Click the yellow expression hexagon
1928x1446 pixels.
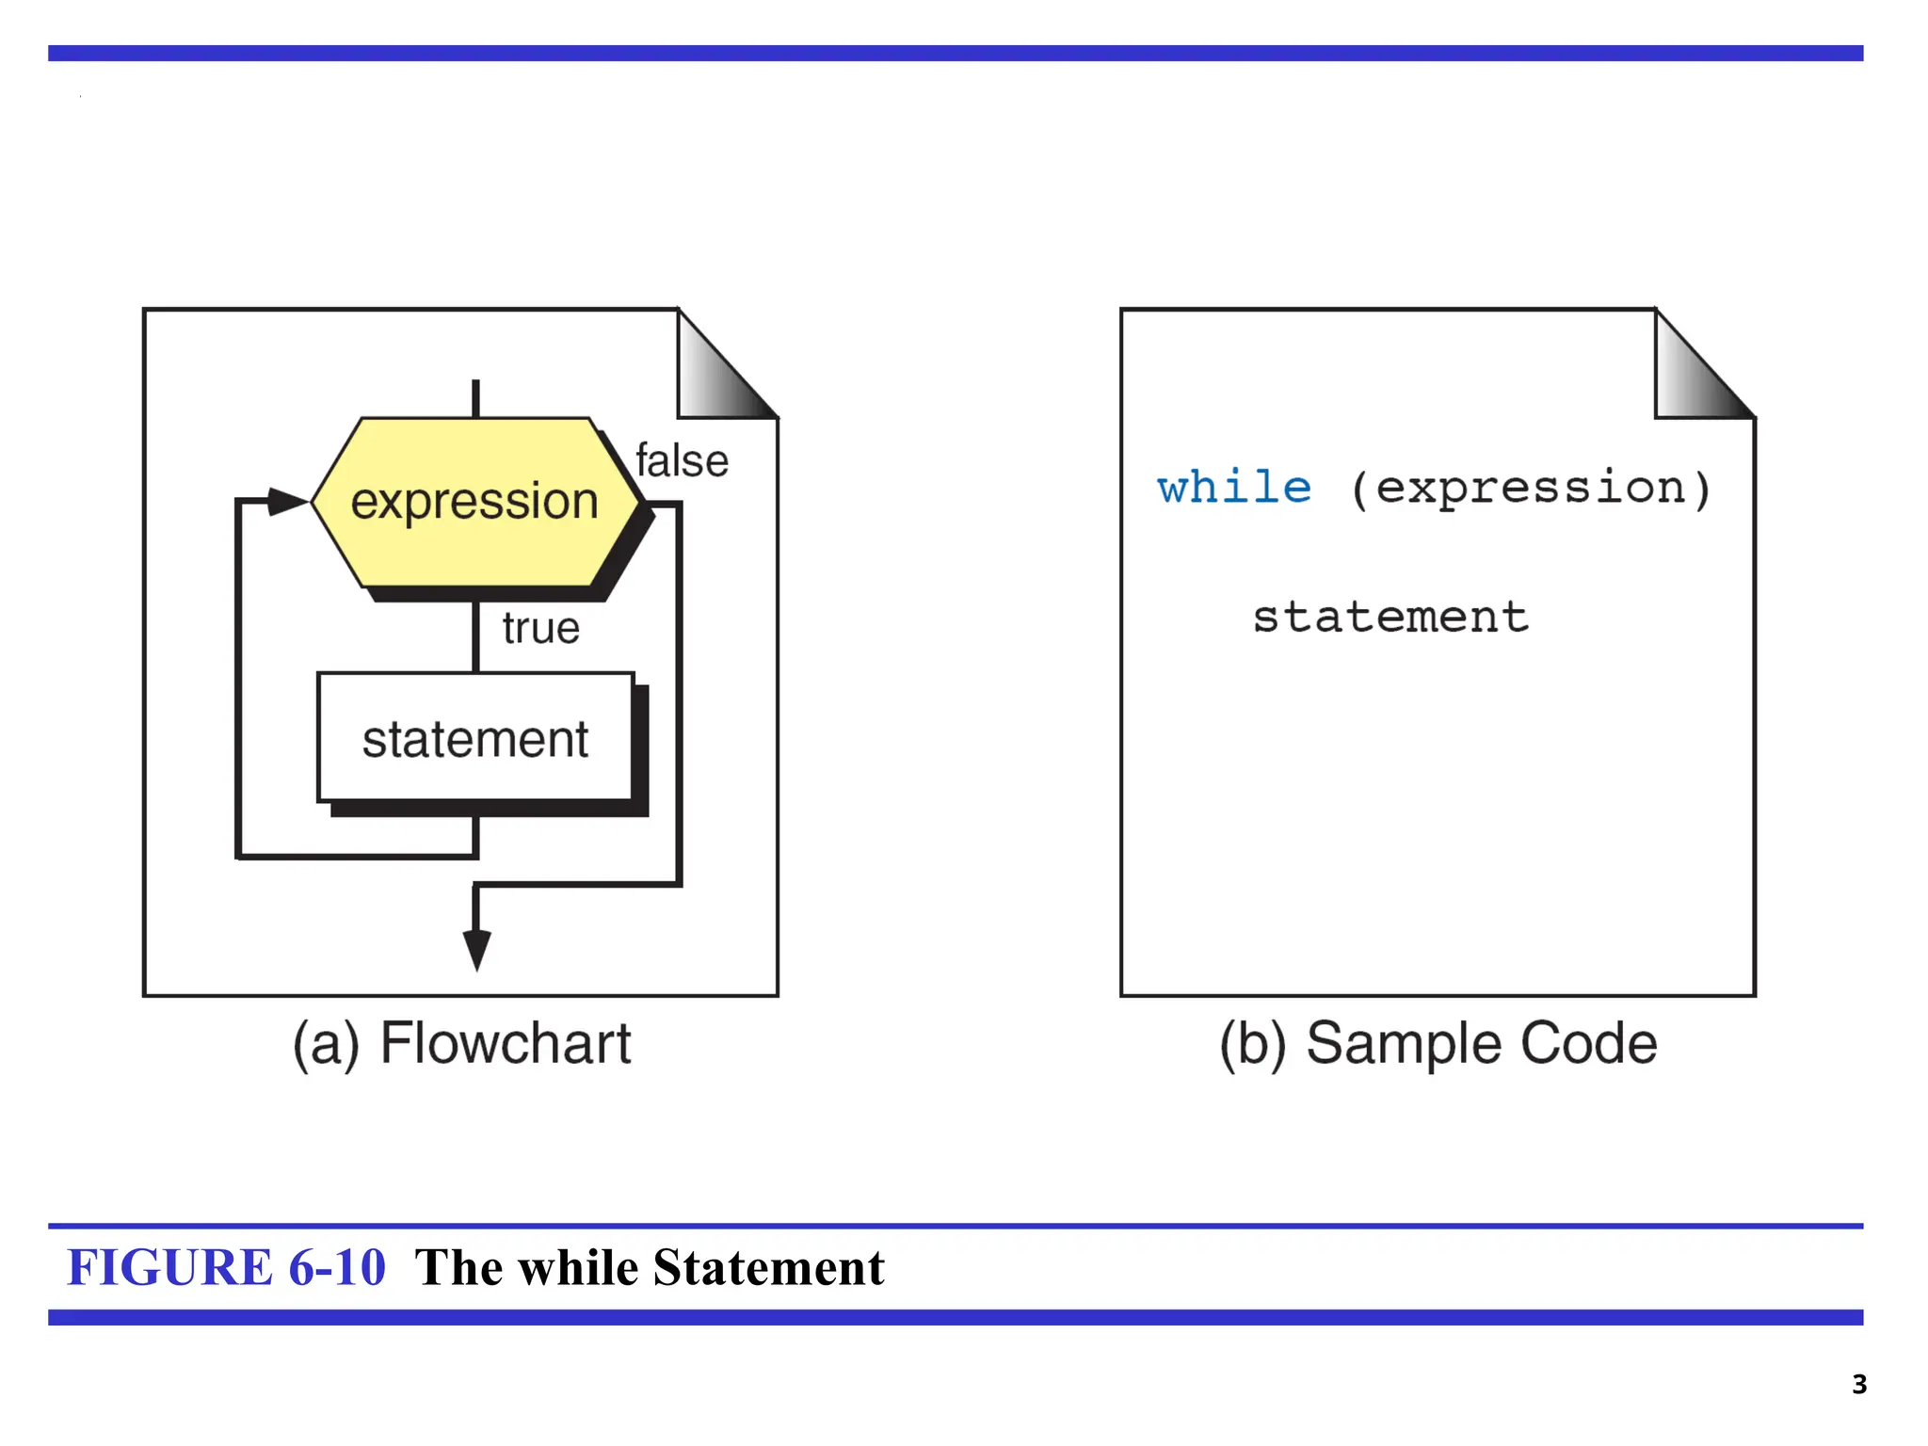(475, 501)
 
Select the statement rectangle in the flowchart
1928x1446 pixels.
(475, 737)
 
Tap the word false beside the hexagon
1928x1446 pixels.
(682, 461)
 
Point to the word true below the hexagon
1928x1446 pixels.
(540, 628)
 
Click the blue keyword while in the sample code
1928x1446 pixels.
(1234, 488)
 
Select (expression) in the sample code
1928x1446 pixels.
(1530, 488)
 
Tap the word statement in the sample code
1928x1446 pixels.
(1390, 618)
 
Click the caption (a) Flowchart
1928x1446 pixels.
(461, 1043)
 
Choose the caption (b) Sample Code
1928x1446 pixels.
(1438, 1043)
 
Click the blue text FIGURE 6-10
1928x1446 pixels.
(226, 1267)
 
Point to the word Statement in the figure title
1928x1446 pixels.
(768, 1267)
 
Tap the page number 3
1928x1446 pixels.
(1858, 1384)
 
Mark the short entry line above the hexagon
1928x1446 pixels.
(475, 398)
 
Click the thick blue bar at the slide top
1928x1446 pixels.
(956, 54)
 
